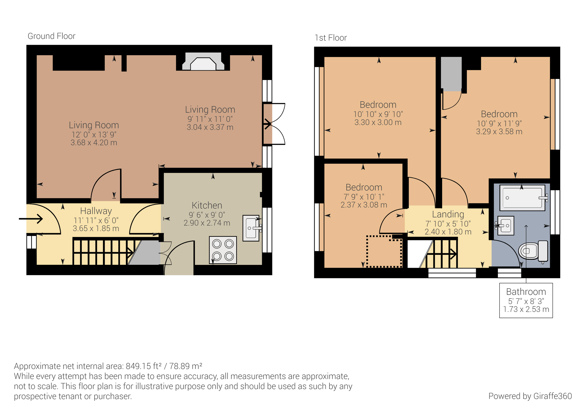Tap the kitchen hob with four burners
click(x=223, y=250)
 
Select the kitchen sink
click(x=251, y=228)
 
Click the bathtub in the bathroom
click(x=522, y=198)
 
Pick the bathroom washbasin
click(x=506, y=225)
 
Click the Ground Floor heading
click(x=51, y=36)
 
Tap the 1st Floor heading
click(x=331, y=38)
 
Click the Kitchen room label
click(x=207, y=205)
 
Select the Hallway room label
click(x=96, y=211)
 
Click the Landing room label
click(x=448, y=214)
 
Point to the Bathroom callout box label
click(x=526, y=292)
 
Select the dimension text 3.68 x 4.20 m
click(x=94, y=143)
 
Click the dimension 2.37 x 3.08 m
click(x=364, y=205)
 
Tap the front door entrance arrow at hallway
click(x=31, y=219)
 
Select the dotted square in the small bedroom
click(x=384, y=251)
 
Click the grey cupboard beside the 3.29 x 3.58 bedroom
click(x=451, y=74)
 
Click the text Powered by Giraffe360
click(x=530, y=396)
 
